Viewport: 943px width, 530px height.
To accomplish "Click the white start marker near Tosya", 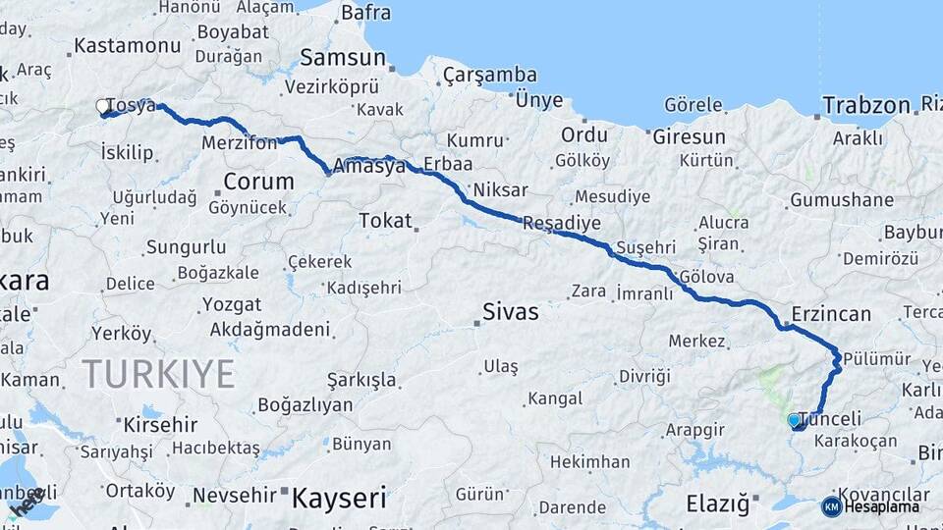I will pos(102,106).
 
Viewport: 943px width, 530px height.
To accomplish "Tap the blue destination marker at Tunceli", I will pos(794,420).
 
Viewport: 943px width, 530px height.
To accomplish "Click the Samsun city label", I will pos(343,56).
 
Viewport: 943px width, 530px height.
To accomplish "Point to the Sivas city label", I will pos(510,312).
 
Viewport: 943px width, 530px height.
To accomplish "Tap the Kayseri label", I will pos(339,498).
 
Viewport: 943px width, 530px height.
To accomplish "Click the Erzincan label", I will pos(832,314).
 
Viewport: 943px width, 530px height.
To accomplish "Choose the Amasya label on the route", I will pos(369,167).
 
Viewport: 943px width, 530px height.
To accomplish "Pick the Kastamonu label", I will pos(128,46).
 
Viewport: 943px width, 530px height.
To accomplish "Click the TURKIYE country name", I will pos(158,374).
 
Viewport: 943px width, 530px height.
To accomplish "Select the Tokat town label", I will pos(385,221).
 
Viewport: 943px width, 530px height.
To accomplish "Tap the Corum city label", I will pos(258,182).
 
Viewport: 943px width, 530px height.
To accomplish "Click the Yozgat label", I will pos(232,304).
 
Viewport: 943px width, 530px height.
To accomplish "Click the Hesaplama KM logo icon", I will pos(832,506).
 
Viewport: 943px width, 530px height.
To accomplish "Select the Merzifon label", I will pos(239,142).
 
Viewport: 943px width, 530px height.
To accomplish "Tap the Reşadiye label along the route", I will pos(561,224).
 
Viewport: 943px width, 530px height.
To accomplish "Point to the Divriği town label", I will pos(643,376).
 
